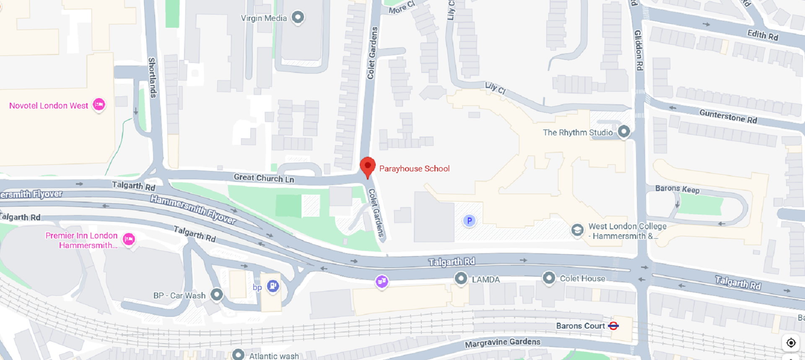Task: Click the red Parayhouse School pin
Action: pyautogui.click(x=368, y=166)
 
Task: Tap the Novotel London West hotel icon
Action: pyautogui.click(x=99, y=104)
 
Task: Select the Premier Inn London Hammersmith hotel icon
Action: pyautogui.click(x=129, y=239)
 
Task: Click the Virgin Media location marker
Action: pyautogui.click(x=298, y=17)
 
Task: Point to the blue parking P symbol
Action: pyautogui.click(x=469, y=220)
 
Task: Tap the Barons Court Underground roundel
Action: pyautogui.click(x=613, y=326)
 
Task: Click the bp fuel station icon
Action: pyautogui.click(x=273, y=286)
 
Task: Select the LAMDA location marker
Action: pyautogui.click(x=461, y=278)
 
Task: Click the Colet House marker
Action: pyautogui.click(x=549, y=277)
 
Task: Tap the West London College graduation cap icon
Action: pyautogui.click(x=577, y=230)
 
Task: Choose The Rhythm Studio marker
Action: pyautogui.click(x=624, y=132)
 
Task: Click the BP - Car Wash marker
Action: pyautogui.click(x=216, y=295)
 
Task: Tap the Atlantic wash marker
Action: pyautogui.click(x=238, y=355)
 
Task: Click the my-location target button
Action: pyautogui.click(x=791, y=343)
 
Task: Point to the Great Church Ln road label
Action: pyautogui.click(x=264, y=178)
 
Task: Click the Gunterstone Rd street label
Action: pyautogui.click(x=728, y=116)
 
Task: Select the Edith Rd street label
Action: pyautogui.click(x=762, y=35)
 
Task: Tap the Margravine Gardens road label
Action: pyautogui.click(x=502, y=343)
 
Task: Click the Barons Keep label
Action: pyautogui.click(x=677, y=189)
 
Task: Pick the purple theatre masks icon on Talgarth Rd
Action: pyautogui.click(x=382, y=281)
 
